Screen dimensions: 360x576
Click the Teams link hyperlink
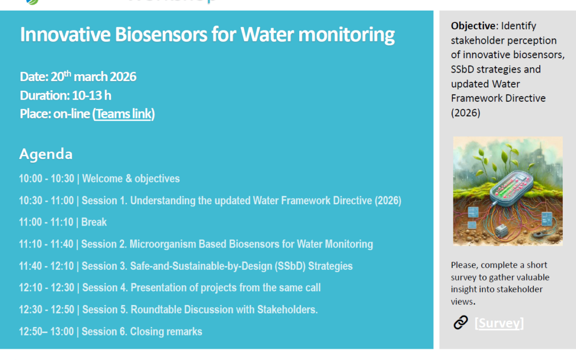pyautogui.click(x=124, y=114)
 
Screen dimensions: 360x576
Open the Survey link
pyautogui.click(x=499, y=323)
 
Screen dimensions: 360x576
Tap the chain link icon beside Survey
pyautogui.click(x=460, y=322)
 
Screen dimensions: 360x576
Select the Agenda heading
pyautogui.click(x=46, y=155)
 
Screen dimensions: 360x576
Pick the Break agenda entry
pyautogui.click(x=94, y=222)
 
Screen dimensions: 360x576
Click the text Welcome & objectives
pyautogui.click(x=131, y=179)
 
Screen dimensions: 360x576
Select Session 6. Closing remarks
pyautogui.click(x=142, y=332)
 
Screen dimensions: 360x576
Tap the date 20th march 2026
pyautogui.click(x=93, y=77)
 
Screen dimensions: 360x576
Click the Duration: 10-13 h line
pyautogui.click(x=66, y=95)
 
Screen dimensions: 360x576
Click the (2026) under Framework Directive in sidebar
pyautogui.click(x=466, y=113)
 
